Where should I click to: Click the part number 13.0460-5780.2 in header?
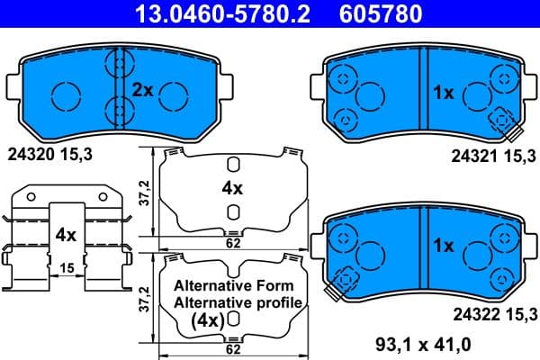[x=209, y=13]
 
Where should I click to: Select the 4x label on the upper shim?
[x=232, y=189]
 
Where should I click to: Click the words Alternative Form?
[x=232, y=285]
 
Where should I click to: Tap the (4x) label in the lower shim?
[x=207, y=319]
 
